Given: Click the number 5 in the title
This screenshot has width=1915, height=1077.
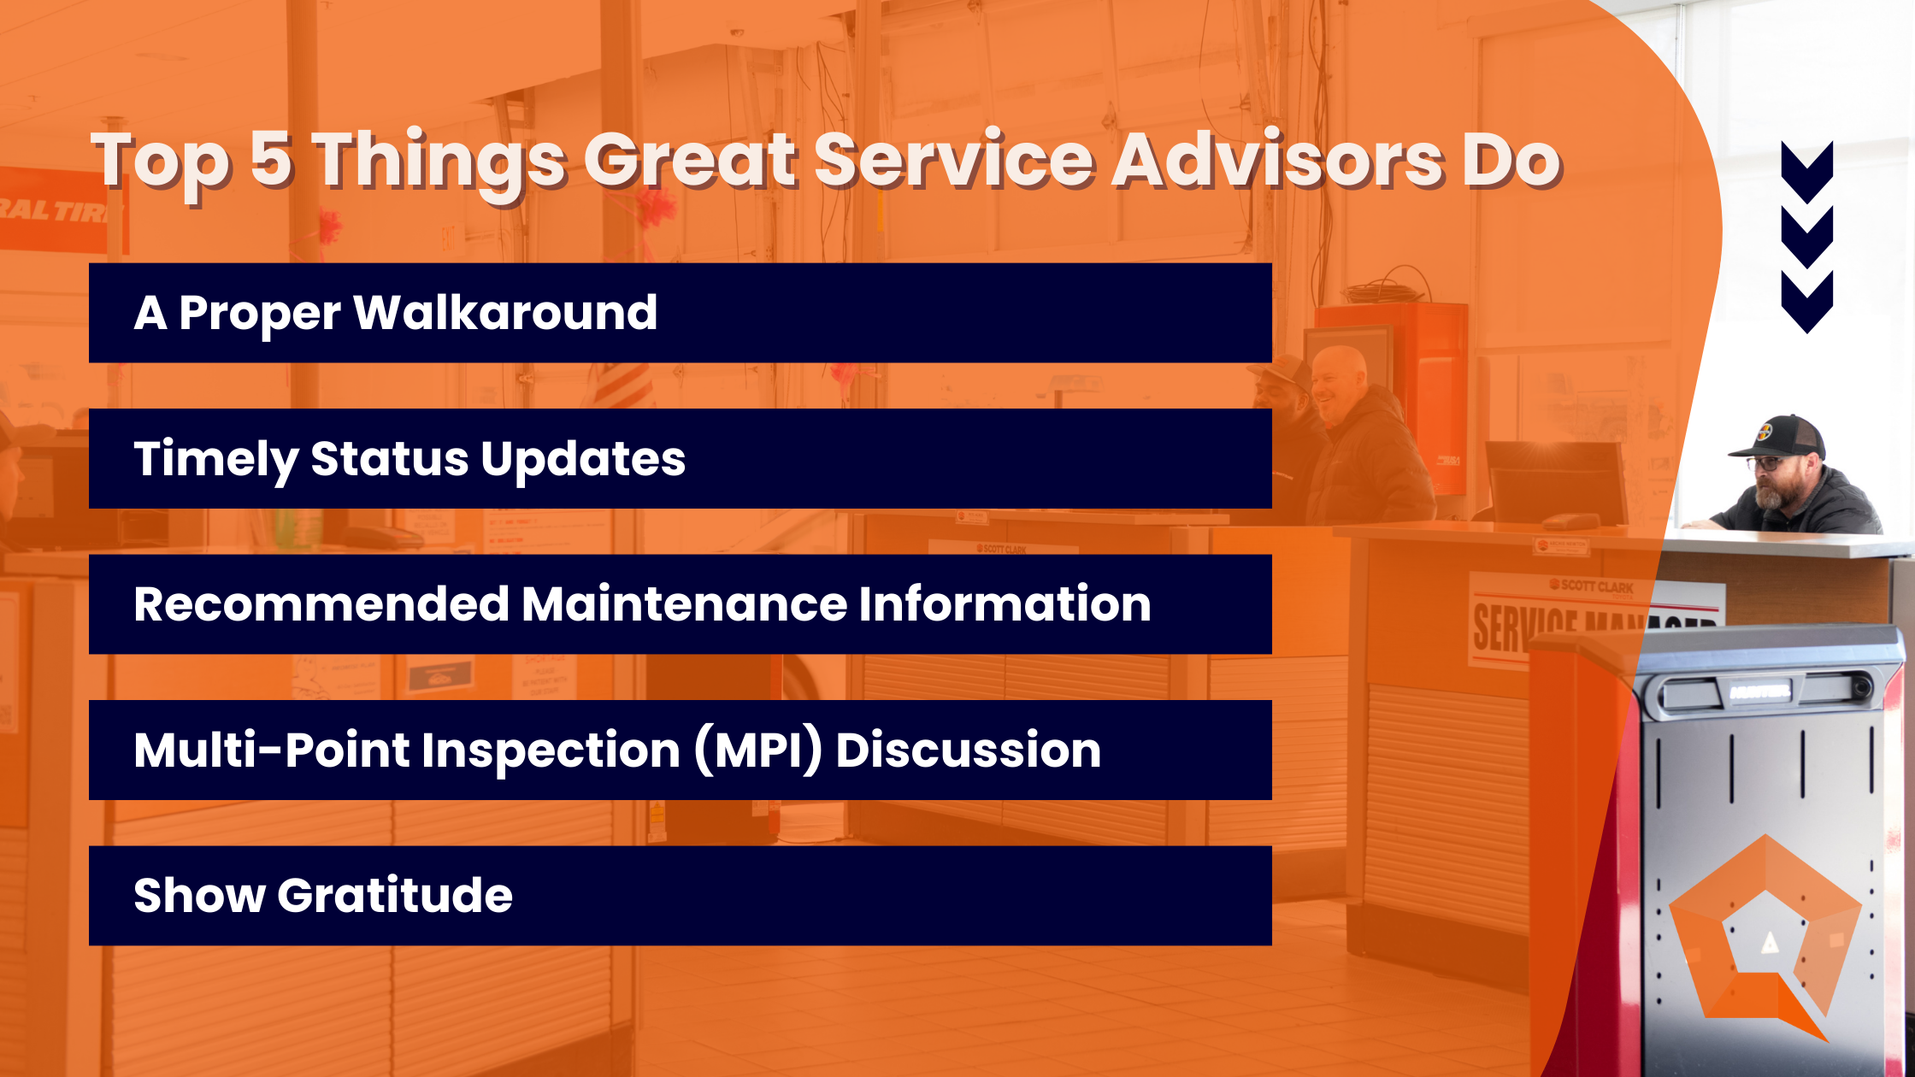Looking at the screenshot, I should coord(273,159).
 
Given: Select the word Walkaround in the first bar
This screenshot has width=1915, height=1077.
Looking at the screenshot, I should coord(506,313).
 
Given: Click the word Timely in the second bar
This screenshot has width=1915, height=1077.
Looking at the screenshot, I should coord(215,459).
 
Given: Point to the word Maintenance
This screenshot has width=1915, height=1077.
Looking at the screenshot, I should coord(684,604).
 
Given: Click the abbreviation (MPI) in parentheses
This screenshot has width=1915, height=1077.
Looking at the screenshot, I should coord(758,750).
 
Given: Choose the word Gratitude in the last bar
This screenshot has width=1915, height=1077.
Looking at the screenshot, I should coord(395,896).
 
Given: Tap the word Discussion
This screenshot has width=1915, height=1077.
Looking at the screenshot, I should coord(968,750).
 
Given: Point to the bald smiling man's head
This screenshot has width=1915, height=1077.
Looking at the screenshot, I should coord(1339,376).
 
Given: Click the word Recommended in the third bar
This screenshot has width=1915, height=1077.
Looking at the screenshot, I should coord(321,604).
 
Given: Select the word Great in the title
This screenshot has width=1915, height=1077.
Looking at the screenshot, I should coord(691,159).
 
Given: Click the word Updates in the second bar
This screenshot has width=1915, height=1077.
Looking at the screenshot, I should coord(583,459).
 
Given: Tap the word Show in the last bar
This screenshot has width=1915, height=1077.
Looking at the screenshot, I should coord(199,896).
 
